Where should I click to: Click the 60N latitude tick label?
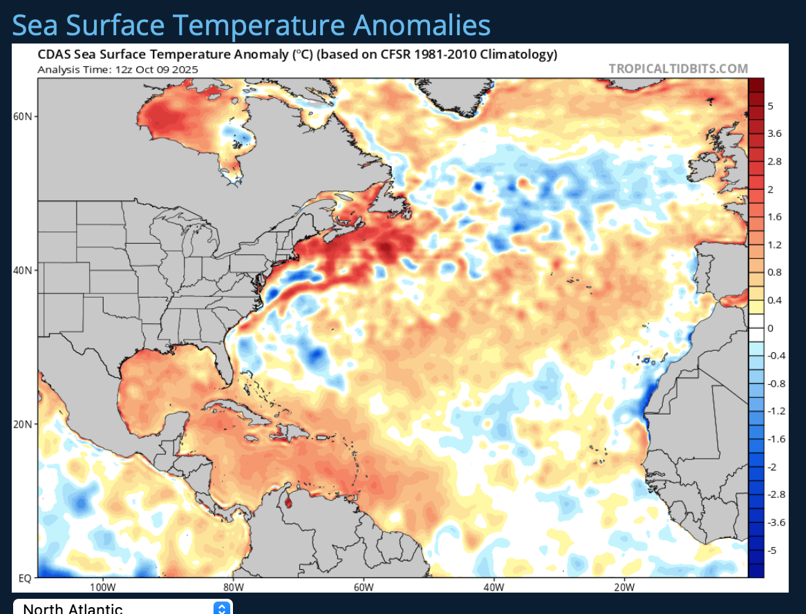(x=24, y=116)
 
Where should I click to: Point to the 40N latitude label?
(x=24, y=270)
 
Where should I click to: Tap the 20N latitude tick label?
(x=24, y=424)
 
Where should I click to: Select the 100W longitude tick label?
(x=102, y=587)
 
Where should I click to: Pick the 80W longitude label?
(x=234, y=587)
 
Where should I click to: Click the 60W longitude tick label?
(x=364, y=587)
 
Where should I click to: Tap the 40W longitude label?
(x=494, y=587)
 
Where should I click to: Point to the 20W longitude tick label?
(x=624, y=587)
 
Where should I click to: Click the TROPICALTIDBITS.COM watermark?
(x=678, y=68)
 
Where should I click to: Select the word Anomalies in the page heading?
(x=422, y=26)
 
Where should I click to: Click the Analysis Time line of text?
(x=118, y=69)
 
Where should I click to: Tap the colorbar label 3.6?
(x=774, y=133)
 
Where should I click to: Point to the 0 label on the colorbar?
(x=770, y=328)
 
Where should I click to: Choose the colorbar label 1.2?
(x=774, y=244)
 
